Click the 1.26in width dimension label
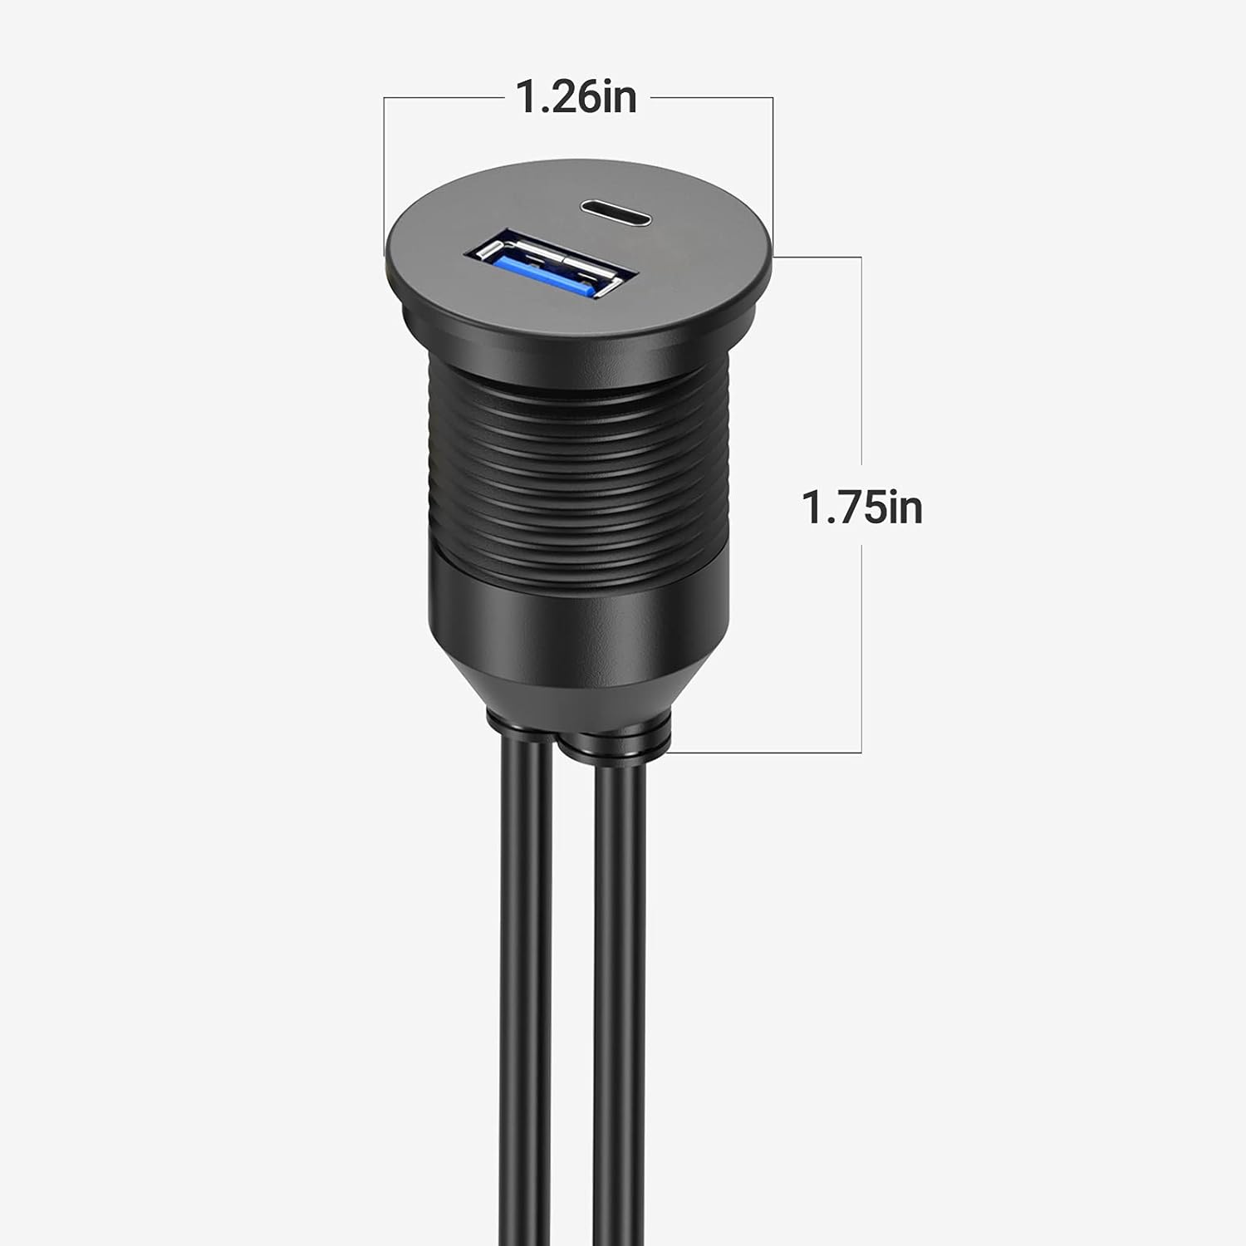coord(576,97)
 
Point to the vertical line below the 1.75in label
coord(861,648)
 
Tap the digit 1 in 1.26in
coord(525,97)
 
